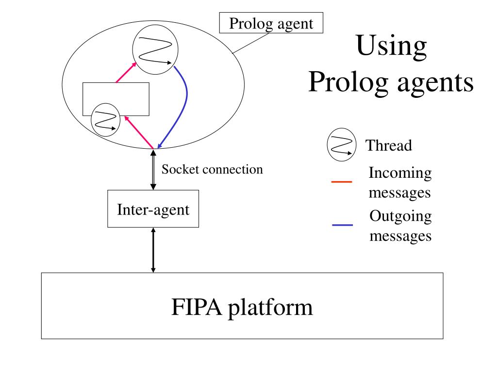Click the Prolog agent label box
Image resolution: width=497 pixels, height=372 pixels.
click(x=271, y=23)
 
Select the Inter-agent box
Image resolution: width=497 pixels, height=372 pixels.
click(x=153, y=210)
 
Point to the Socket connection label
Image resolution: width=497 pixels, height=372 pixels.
click(x=212, y=170)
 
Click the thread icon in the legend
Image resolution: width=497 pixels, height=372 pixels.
click(x=341, y=144)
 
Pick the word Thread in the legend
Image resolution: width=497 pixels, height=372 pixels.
click(x=388, y=145)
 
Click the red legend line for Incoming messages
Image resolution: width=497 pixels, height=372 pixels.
click(x=342, y=182)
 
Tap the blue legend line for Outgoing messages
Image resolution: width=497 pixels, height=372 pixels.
click(x=342, y=225)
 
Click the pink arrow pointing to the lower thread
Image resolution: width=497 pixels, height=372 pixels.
click(x=139, y=131)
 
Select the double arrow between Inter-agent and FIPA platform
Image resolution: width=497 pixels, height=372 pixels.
click(x=153, y=250)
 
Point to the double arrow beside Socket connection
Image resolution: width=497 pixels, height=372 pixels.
click(x=153, y=170)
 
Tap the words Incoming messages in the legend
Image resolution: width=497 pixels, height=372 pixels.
click(x=400, y=183)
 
